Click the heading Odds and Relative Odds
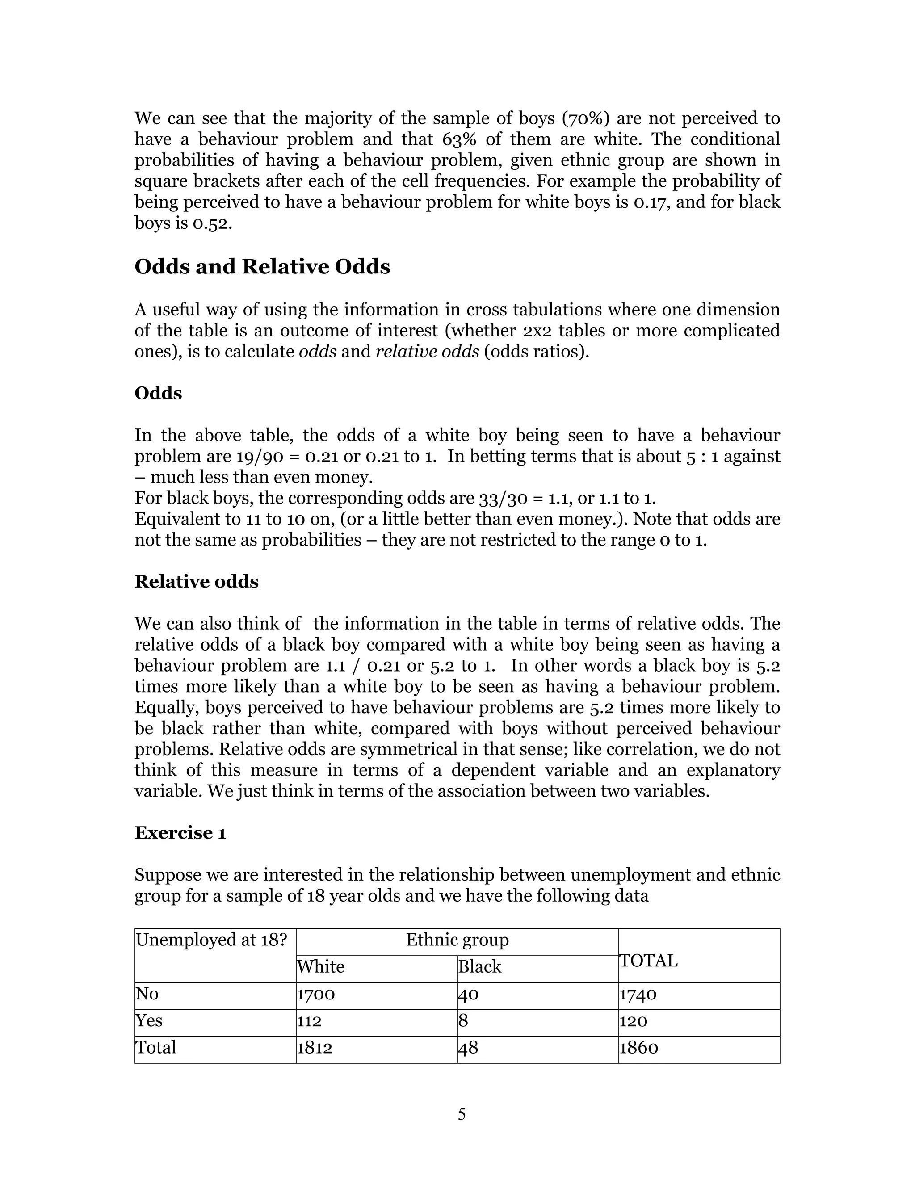tap(262, 267)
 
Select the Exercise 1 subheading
tap(180, 832)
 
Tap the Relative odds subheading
tap(196, 581)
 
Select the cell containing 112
tap(309, 1021)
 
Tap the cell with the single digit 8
tap(463, 1021)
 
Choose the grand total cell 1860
tap(638, 1047)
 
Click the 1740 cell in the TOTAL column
tap(638, 994)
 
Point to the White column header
tap(320, 966)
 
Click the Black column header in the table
tap(480, 966)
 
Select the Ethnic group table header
tap(457, 940)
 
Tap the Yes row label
tap(149, 1021)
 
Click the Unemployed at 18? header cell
tap(211, 940)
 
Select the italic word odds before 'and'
tap(318, 352)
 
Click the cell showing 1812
tap(315, 1047)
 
